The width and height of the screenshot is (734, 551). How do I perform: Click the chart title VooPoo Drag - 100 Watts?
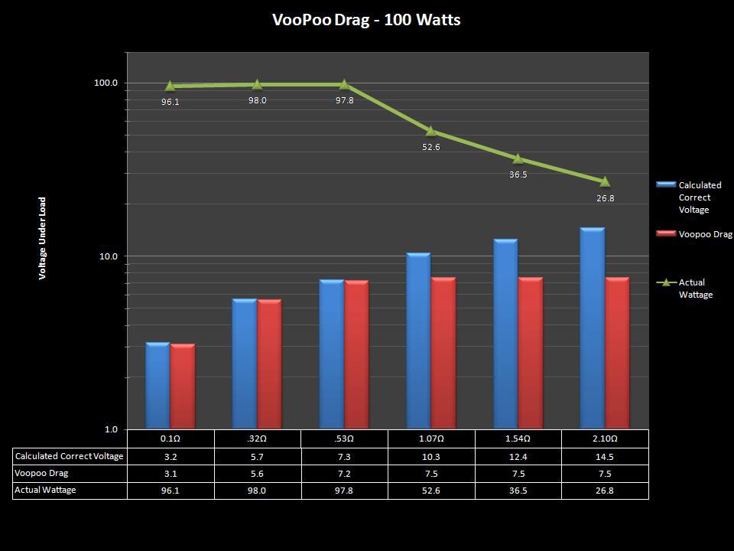click(x=366, y=20)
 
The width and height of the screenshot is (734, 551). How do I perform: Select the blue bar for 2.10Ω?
click(x=592, y=329)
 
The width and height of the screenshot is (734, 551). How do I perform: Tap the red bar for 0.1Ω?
click(x=183, y=386)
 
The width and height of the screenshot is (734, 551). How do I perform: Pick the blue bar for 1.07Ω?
click(x=418, y=341)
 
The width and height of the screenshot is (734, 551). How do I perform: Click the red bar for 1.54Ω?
click(x=531, y=353)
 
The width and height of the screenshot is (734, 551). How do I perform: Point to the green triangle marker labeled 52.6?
click(x=430, y=131)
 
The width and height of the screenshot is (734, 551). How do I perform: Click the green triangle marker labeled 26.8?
click(x=605, y=181)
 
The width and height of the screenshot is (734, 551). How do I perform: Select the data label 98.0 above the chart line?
click(x=257, y=100)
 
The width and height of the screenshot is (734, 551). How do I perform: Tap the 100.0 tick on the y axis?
click(x=106, y=83)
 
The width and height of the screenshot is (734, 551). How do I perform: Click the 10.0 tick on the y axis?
click(x=106, y=256)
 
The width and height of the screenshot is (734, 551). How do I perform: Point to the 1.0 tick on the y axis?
click(x=111, y=429)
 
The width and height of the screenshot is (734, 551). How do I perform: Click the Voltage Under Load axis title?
click(x=43, y=239)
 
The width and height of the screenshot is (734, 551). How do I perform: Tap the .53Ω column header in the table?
click(x=344, y=439)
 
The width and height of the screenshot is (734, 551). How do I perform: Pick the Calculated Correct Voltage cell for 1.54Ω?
click(x=518, y=456)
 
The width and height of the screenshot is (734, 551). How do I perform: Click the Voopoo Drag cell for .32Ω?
click(x=257, y=473)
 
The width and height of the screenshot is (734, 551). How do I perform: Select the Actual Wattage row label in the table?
click(x=46, y=490)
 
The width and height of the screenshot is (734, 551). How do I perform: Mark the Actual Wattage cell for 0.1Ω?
click(x=170, y=491)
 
